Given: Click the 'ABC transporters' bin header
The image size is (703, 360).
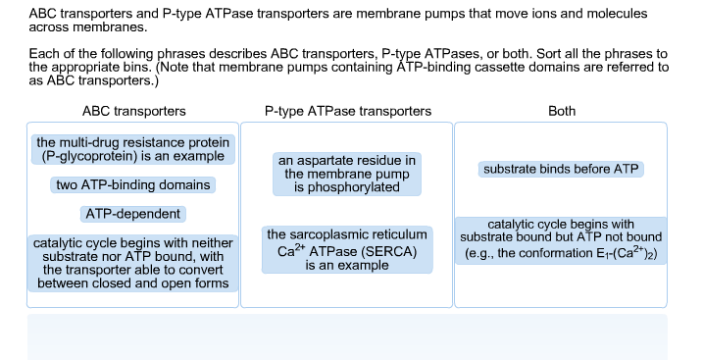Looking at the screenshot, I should click(134, 111).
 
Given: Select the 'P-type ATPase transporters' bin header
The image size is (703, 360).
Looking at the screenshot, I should click(347, 111).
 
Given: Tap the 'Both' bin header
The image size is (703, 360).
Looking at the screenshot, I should click(562, 111).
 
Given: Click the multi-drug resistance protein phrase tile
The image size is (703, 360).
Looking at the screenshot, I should click(134, 150).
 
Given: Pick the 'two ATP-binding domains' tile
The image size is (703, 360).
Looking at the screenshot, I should click(134, 184).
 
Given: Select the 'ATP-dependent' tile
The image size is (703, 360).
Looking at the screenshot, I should click(134, 214).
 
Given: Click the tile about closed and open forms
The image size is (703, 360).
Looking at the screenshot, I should click(134, 263).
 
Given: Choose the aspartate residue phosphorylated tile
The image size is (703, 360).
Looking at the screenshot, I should click(347, 173).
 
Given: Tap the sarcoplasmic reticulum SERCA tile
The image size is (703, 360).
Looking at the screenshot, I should click(347, 250).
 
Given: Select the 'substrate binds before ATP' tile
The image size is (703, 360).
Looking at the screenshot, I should click(562, 170).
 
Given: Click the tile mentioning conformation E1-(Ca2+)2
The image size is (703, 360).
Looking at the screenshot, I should click(562, 239).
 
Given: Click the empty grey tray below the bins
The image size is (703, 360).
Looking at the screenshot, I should click(347, 335).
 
